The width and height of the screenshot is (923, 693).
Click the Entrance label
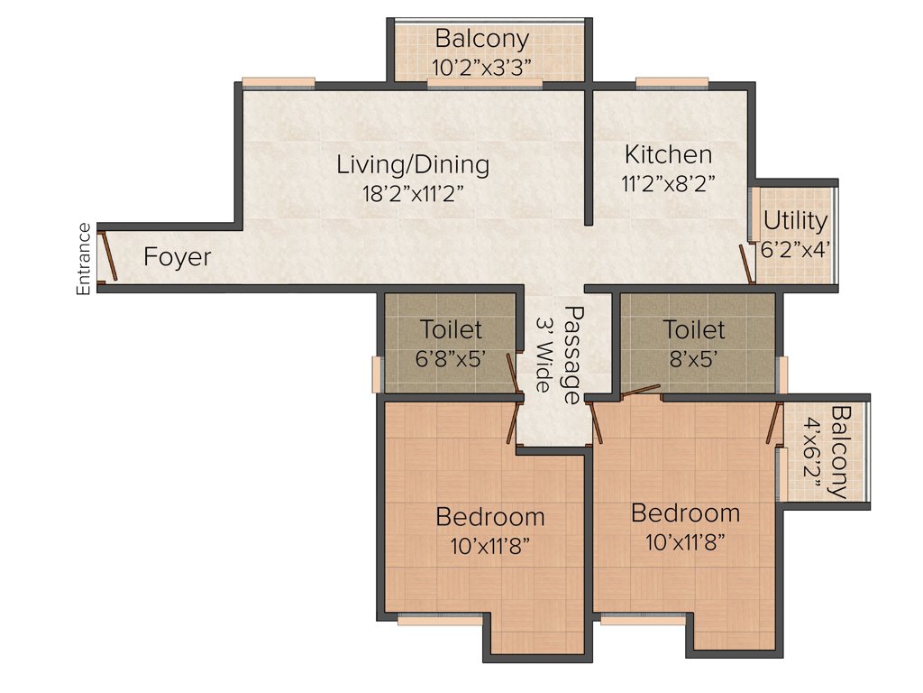coord(83,258)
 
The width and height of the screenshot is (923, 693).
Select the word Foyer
coord(178,257)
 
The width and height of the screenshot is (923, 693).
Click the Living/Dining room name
coord(413,165)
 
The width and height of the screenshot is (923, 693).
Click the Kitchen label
coord(669,154)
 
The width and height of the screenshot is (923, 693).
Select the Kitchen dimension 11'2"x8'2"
coord(669,183)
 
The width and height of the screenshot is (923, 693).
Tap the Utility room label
coord(795,221)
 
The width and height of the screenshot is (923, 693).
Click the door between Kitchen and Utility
coord(747,263)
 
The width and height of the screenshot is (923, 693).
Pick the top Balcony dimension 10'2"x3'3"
coord(482,67)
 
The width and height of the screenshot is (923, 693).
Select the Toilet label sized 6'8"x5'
coord(452,330)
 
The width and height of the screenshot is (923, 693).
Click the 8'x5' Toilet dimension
coord(694,357)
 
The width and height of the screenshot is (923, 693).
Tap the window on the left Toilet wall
coord(377,374)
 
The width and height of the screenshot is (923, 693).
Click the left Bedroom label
coord(489,517)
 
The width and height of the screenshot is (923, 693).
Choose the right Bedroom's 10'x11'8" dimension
coord(685,541)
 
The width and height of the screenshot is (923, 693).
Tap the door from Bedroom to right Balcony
coord(773,423)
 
